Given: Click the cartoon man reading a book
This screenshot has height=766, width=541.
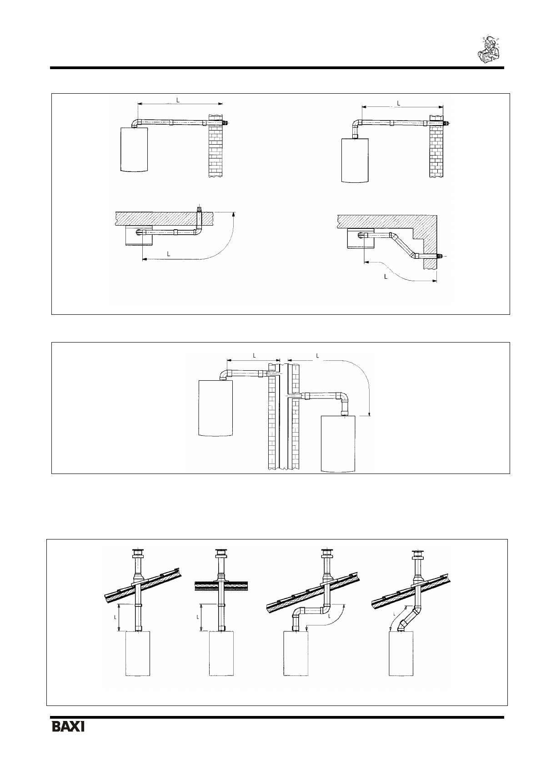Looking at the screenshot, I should click(x=489, y=49).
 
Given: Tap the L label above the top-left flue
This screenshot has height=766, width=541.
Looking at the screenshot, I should click(x=178, y=99).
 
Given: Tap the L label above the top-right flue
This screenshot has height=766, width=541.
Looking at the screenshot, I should click(x=398, y=103).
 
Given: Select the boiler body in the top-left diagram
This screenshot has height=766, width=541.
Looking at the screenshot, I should click(x=135, y=149).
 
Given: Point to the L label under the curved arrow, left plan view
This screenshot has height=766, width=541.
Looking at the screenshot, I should click(x=168, y=254).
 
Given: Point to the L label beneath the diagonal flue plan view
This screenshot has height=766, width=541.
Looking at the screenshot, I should click(x=386, y=276).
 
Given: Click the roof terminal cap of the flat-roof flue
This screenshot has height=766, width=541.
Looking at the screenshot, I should click(x=221, y=553).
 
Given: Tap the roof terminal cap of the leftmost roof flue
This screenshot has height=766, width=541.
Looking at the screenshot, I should click(x=136, y=553).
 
